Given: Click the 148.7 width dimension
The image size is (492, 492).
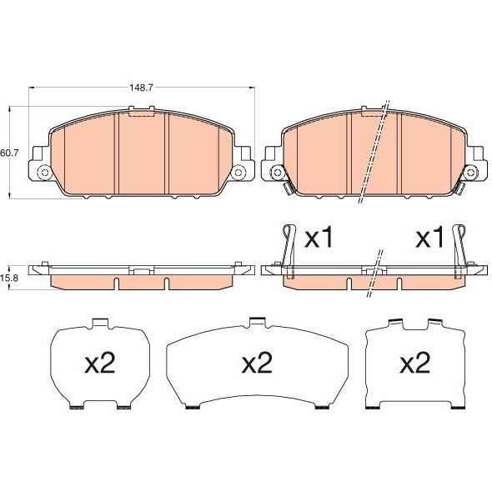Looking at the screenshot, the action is click(x=141, y=88).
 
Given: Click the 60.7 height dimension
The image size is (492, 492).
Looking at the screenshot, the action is click(x=9, y=153).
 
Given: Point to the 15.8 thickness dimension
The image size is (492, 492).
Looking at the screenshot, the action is click(x=9, y=278).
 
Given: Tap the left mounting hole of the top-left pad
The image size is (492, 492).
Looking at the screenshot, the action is click(x=44, y=173).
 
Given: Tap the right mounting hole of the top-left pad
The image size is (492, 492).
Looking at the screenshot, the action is click(x=238, y=173).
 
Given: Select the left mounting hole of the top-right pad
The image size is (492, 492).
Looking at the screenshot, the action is click(x=277, y=173).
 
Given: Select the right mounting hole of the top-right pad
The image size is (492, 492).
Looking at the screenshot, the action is click(x=470, y=173).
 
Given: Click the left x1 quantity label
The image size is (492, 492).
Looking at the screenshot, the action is click(x=319, y=238).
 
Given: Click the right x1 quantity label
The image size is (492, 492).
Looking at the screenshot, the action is click(x=429, y=238).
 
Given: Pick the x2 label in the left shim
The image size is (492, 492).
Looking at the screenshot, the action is click(x=100, y=363).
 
